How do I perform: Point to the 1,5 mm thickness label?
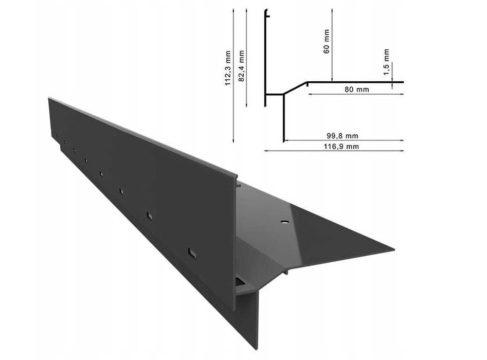[386, 62]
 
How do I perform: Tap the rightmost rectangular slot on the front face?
[192, 253]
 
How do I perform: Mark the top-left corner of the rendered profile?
[49, 97]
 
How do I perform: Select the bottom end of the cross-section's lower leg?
[284, 140]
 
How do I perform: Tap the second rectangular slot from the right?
[149, 215]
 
